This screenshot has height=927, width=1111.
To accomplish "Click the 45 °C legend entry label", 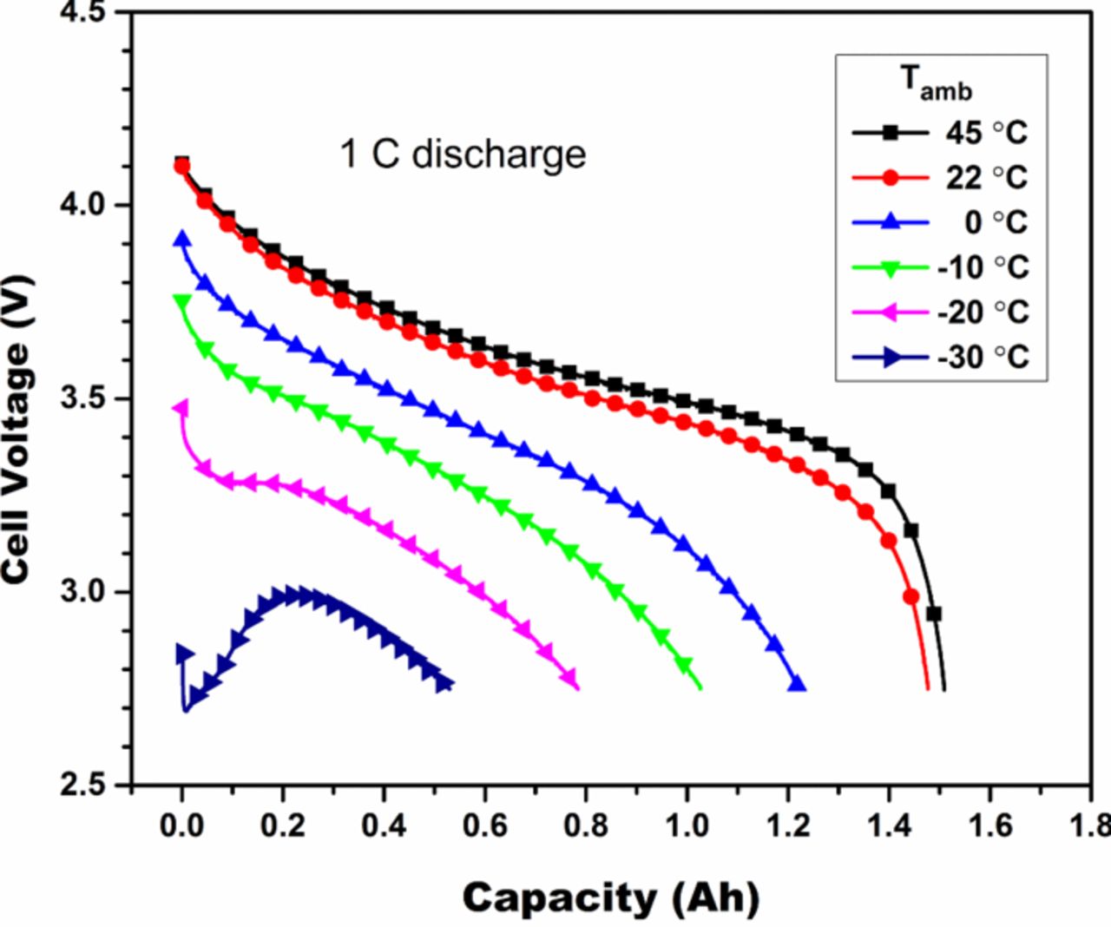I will pyautogui.click(x=986, y=133).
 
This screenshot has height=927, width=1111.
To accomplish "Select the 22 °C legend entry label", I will pyautogui.click(x=986, y=177).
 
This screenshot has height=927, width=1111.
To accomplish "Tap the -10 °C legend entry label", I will pyautogui.click(x=983, y=266).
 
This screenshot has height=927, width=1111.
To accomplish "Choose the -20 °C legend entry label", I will pyautogui.click(x=983, y=312).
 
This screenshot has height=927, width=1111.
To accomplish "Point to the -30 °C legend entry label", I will pyautogui.click(x=983, y=357).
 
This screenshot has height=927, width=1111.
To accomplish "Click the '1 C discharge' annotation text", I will pyautogui.click(x=463, y=154).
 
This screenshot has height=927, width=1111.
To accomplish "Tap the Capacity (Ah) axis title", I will pyautogui.click(x=610, y=897).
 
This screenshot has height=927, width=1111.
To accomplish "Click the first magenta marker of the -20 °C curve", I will pyautogui.click(x=181, y=408).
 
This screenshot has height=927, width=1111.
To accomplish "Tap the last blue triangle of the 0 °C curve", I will pyautogui.click(x=797, y=685).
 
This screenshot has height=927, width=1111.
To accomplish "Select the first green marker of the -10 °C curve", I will pyautogui.click(x=182, y=302).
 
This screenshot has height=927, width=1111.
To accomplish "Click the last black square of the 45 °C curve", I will pyautogui.click(x=934, y=614).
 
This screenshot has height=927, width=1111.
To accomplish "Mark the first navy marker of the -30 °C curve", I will pyautogui.click(x=184, y=654).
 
